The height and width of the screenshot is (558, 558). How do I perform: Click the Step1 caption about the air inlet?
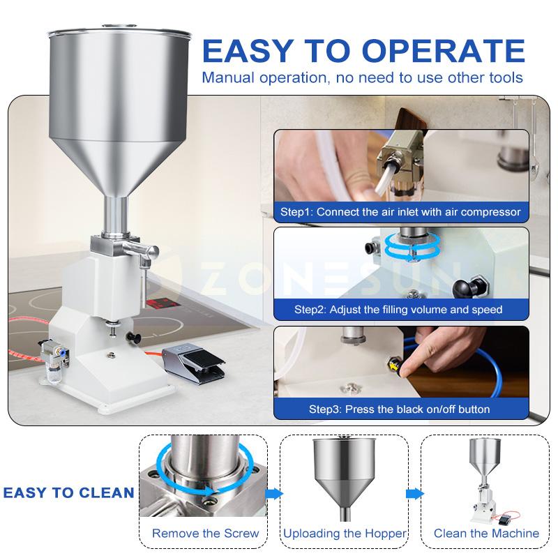point(400,211)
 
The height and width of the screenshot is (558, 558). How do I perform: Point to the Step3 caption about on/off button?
point(400,409)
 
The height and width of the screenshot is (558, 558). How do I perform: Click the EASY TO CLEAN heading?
point(68,493)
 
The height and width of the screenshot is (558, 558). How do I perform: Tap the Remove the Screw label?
point(205,534)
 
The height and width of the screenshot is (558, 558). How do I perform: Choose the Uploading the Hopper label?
point(345,534)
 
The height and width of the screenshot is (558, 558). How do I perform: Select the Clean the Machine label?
point(486,534)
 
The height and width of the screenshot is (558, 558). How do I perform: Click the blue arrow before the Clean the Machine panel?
point(415,494)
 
